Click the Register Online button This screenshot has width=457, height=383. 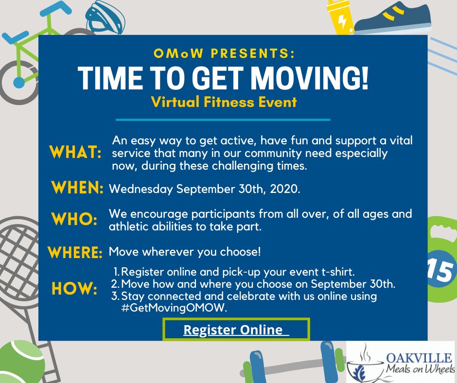click(x=236, y=330)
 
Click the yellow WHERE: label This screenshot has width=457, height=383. click(x=75, y=253)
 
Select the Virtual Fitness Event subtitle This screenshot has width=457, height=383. click(x=224, y=103)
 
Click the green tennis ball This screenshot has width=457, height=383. click(x=19, y=362)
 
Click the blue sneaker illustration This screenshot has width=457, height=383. click(x=394, y=17)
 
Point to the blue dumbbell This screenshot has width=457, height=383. click(x=292, y=363)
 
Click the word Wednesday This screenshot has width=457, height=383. click(x=140, y=189)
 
